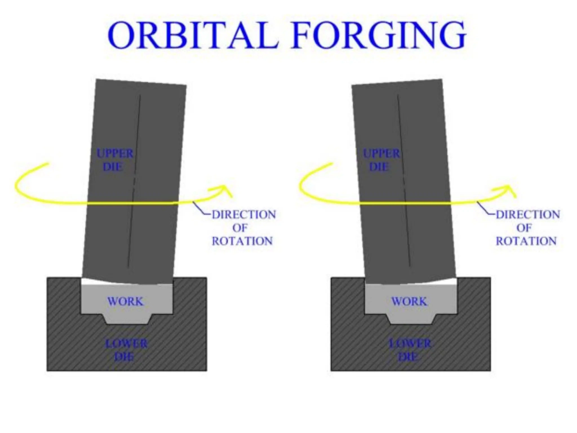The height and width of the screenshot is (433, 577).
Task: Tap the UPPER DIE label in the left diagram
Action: click(x=115, y=160)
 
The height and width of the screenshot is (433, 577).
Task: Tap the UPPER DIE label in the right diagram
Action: click(x=381, y=160)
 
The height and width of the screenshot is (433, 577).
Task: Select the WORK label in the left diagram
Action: click(x=125, y=302)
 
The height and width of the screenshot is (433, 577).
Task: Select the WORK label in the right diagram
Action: click(x=409, y=302)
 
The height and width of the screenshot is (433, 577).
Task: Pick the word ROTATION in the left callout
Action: click(x=242, y=241)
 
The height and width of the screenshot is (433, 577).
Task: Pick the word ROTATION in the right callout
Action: click(x=526, y=241)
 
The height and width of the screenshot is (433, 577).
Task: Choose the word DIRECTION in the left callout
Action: click(x=244, y=215)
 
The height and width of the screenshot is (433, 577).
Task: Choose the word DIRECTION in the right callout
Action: click(x=528, y=215)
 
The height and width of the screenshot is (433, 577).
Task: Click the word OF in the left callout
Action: click(x=240, y=228)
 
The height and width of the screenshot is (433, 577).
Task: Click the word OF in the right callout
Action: click(x=524, y=228)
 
